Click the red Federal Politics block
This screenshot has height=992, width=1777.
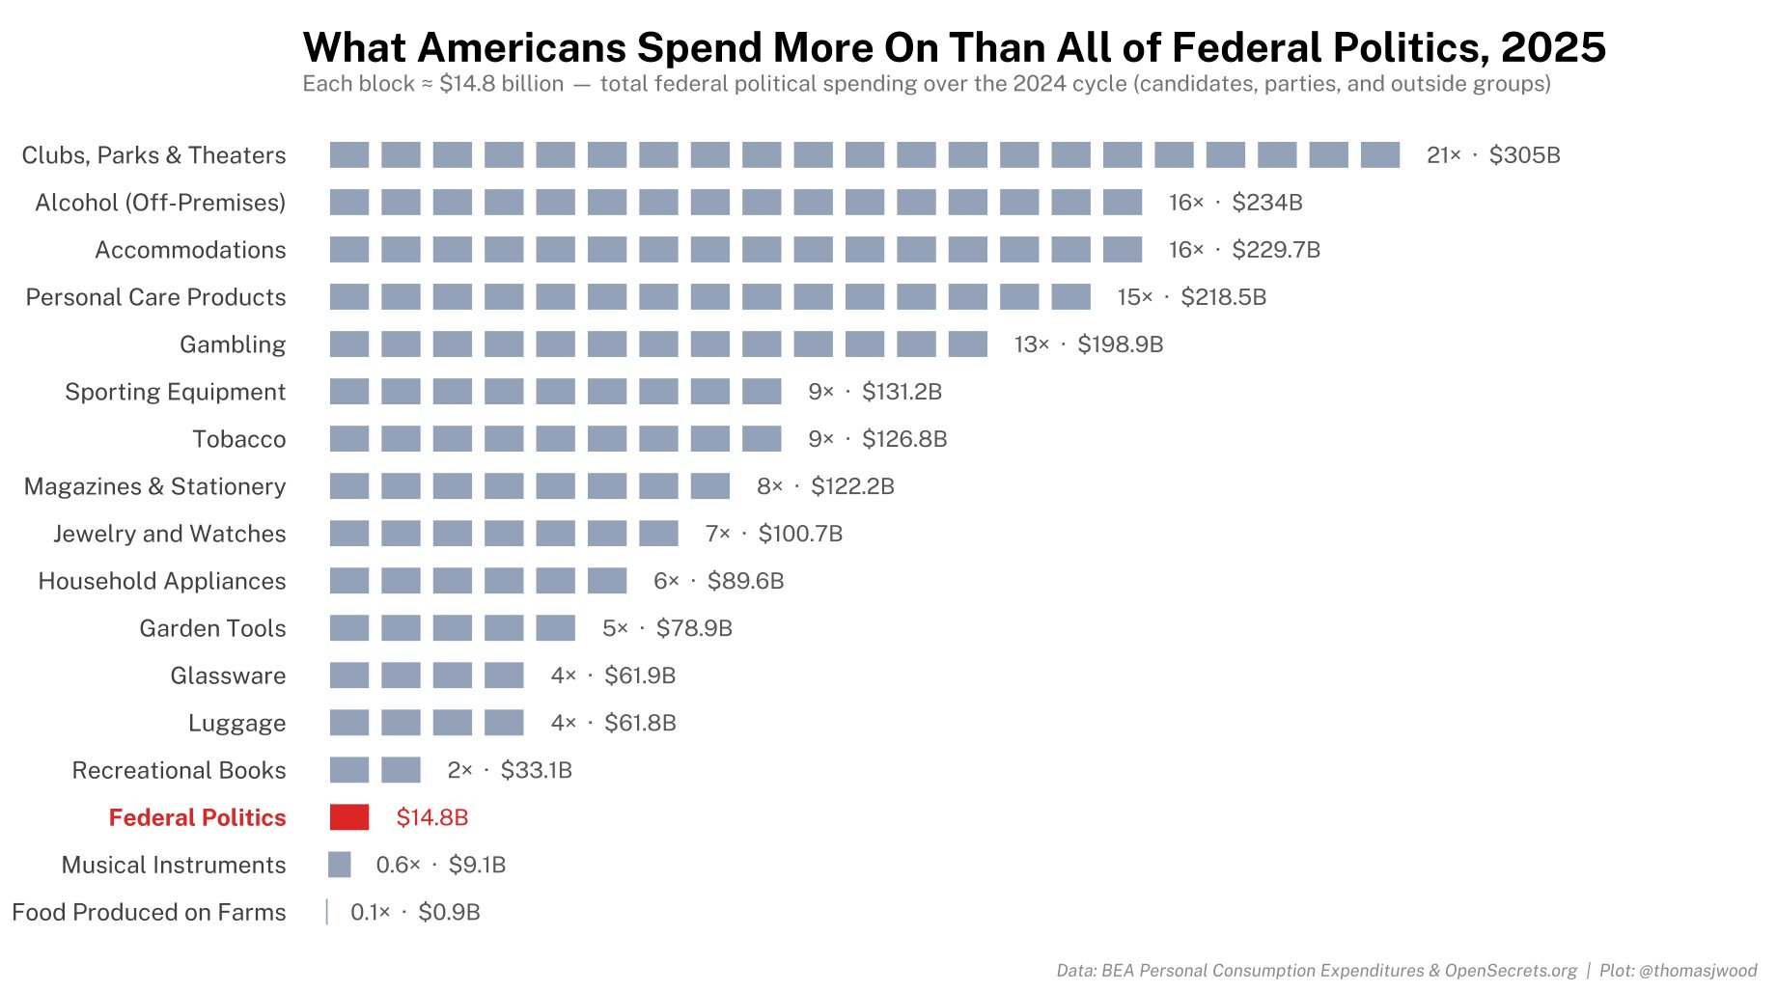pos(348,817)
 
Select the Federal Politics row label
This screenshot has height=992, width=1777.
pos(197,817)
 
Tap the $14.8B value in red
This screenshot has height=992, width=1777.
pos(431,817)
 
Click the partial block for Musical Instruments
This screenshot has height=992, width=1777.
pos(339,865)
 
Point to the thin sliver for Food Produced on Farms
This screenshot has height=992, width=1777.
pos(327,912)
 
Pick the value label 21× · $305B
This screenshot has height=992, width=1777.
pos(1492,155)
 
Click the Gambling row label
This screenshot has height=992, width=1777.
pos(233,344)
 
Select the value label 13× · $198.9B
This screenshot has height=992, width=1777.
pos(1088,344)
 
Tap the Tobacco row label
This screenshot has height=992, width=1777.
pos(239,439)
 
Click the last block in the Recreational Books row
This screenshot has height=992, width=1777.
pos(401,770)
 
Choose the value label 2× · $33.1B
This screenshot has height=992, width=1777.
pos(509,770)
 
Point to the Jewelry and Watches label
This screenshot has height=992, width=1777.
pos(170,534)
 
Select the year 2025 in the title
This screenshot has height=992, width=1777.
pos(1553,47)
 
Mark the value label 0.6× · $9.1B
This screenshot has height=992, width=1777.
pos(440,865)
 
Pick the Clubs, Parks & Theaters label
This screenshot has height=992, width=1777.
pos(153,155)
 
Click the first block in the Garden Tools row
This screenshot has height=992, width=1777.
pos(348,628)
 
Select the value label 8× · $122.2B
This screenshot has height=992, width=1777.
pos(824,486)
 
